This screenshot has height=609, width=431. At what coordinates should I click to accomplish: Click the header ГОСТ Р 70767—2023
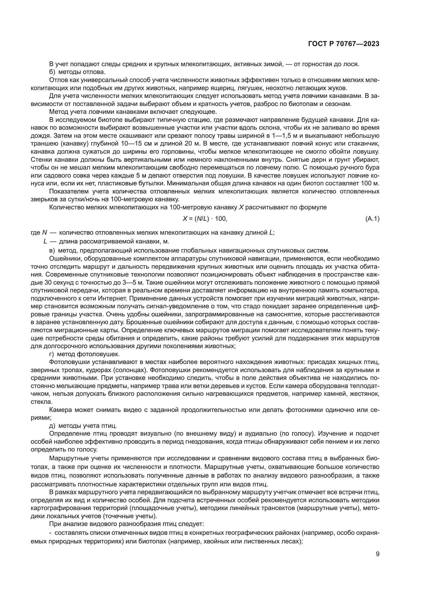point(344,44)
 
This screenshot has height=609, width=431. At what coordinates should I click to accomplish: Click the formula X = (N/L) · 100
point(205,219)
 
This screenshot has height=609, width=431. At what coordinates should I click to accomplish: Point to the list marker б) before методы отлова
point(52,72)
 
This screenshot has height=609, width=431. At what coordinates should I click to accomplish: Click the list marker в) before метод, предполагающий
point(52,250)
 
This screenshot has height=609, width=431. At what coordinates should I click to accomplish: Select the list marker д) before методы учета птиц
point(52,426)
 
